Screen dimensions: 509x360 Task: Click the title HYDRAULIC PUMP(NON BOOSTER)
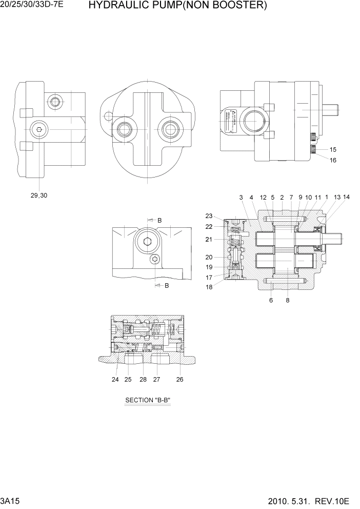177,6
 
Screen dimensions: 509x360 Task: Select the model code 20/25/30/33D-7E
34,6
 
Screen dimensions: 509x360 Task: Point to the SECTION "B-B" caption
147,400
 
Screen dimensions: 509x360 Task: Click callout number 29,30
39,195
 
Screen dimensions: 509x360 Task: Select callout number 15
333,150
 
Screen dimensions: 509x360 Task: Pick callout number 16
333,160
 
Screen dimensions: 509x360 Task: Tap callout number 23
209,216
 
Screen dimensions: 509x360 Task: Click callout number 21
209,239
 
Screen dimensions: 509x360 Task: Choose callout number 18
209,287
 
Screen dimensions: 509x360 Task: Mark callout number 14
347,197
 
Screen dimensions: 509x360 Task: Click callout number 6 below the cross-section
271,301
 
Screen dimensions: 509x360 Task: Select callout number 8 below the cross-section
288,301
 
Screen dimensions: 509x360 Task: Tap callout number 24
115,380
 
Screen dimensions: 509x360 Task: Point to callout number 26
179,380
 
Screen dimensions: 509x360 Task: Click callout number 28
143,380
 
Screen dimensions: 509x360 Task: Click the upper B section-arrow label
159,220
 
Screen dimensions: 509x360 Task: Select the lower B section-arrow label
167,285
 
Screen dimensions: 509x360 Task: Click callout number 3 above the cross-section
241,197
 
